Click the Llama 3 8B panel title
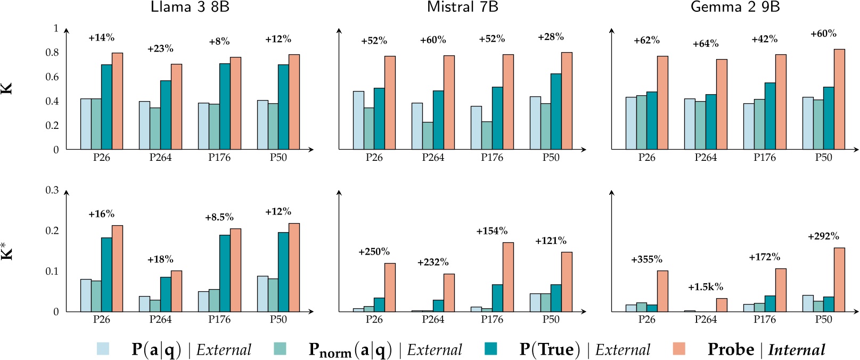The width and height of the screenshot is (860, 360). (190, 7)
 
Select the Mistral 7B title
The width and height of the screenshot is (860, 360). (462, 7)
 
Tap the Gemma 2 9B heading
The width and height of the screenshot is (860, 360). (735, 7)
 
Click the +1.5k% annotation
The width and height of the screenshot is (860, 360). (705, 287)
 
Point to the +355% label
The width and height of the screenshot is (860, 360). (646, 259)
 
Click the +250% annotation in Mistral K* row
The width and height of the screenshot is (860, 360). (374, 251)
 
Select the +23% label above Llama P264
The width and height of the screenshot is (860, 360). (160, 48)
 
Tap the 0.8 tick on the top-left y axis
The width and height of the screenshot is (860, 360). (52, 52)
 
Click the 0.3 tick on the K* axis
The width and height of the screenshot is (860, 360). (52, 190)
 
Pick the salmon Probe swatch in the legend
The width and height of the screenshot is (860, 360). (678, 349)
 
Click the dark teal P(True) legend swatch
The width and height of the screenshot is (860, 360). (490, 349)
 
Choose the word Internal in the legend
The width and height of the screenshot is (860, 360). (797, 350)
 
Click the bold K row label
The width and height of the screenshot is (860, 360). (7, 89)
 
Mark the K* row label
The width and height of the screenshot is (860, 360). (7, 250)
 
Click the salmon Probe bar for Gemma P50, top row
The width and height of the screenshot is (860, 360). (839, 99)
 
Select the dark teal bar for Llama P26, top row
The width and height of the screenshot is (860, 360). (107, 107)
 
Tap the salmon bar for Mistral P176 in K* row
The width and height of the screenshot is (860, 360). (508, 277)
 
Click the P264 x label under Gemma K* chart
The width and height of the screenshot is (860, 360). (705, 320)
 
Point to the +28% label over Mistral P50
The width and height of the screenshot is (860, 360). (551, 37)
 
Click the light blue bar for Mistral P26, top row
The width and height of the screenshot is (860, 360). (358, 120)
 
